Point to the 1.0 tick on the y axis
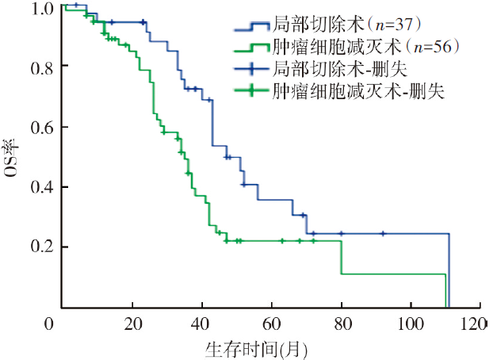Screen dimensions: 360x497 click(x=44, y=9)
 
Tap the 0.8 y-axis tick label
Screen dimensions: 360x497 click(x=44, y=67)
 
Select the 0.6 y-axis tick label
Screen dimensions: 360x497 click(x=44, y=127)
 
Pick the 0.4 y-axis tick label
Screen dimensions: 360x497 click(x=44, y=187)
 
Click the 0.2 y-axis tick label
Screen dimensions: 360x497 click(x=44, y=247)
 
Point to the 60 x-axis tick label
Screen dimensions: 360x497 click(x=272, y=323)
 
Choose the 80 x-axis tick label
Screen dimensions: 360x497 click(x=342, y=323)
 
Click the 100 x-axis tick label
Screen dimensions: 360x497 click(x=410, y=323)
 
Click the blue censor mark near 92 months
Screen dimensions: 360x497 click(x=383, y=233)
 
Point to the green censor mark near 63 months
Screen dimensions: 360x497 click(x=282, y=240)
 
